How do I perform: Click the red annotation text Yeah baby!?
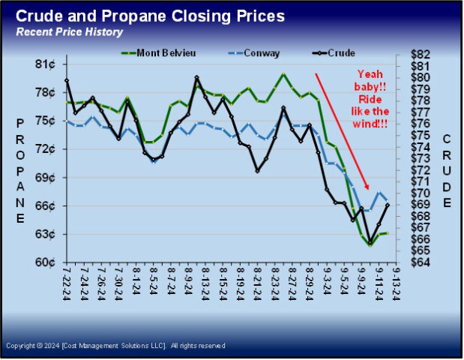click(375, 75)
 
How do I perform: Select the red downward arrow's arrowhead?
click(368, 187)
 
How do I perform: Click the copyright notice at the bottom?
click(115, 346)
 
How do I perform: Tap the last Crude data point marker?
click(388, 204)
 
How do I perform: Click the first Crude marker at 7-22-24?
click(67, 80)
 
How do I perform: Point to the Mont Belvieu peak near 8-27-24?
click(283, 74)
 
